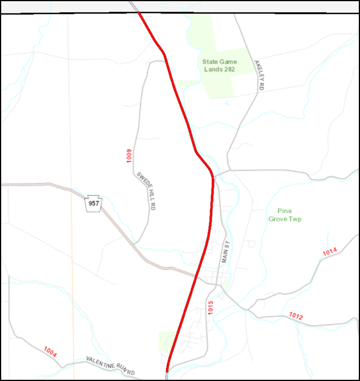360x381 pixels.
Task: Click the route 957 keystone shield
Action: (94, 203)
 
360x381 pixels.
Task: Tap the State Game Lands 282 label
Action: (220, 65)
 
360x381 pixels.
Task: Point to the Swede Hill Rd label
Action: (146, 191)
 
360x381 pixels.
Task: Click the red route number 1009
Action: (129, 157)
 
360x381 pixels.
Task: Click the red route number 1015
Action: (210, 307)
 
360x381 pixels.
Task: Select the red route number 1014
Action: (329, 253)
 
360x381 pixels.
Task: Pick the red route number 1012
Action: (296, 317)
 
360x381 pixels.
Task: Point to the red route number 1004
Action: (50, 352)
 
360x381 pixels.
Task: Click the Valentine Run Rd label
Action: (110, 366)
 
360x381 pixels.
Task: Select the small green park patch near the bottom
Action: (166, 340)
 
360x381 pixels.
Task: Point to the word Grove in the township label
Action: (278, 219)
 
